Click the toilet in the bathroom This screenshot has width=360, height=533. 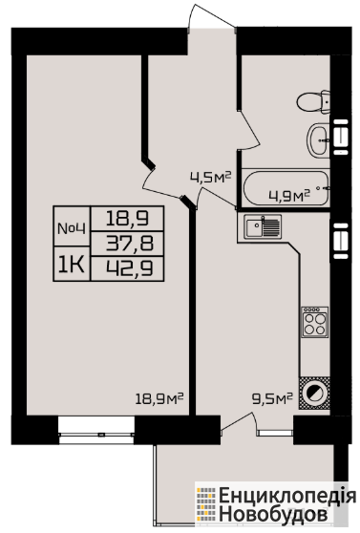coord(313,101)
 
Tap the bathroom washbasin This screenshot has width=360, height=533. coord(319,140)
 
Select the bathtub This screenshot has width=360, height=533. coord(286,188)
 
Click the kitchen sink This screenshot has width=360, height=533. coord(263,226)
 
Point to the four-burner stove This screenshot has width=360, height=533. coord(315,322)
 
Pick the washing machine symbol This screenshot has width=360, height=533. coord(314,394)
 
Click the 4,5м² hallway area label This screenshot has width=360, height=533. coord(210,177)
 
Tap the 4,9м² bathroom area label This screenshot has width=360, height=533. coord(289,196)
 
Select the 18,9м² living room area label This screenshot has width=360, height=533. coord(159,398)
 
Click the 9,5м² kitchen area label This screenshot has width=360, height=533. coord(272,397)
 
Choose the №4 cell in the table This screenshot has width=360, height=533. coord(72,228)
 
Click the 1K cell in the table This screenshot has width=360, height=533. coord(72,265)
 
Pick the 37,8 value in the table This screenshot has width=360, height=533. coord(130,244)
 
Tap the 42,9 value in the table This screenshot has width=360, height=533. coord(130,268)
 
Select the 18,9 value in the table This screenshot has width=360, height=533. coord(127,218)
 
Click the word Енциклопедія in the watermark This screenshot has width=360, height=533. coord(287,496)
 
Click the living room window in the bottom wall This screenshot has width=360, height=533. coord(96,431)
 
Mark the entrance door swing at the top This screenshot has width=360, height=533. coord(211,17)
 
